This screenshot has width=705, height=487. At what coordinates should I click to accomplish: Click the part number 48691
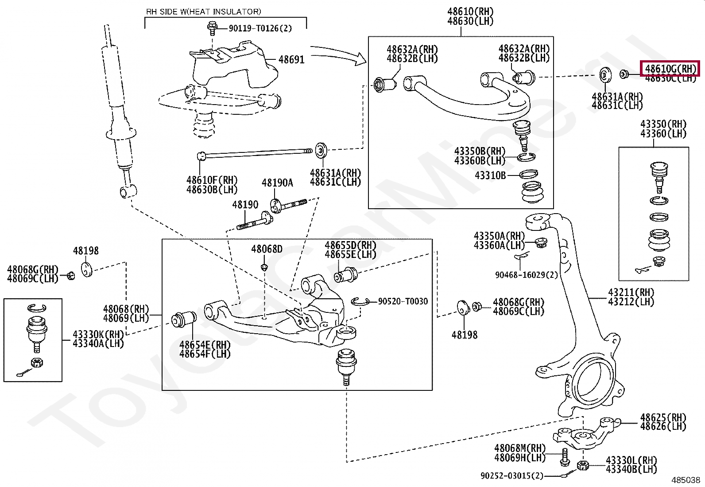coord(291,60)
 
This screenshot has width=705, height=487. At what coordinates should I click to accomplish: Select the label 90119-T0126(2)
coord(260,28)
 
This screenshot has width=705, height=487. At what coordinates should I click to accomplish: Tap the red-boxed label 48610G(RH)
coord(670,69)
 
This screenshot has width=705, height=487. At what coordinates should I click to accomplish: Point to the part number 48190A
coord(277,183)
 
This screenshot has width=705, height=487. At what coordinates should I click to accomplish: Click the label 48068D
coord(267,249)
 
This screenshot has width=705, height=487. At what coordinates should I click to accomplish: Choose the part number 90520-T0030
coord(403,301)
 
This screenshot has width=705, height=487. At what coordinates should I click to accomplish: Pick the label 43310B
coord(490,175)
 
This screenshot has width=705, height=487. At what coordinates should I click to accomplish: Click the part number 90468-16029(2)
coord(526,275)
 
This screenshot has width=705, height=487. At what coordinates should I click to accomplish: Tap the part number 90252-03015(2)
coord(511,476)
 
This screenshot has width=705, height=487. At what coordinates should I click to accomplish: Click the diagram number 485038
coord(686,480)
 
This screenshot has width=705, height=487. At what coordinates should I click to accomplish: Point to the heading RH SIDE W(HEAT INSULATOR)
coord(204,12)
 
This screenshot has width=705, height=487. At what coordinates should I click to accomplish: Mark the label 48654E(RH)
coord(205,345)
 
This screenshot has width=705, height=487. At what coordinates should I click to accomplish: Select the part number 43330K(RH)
coord(98,334)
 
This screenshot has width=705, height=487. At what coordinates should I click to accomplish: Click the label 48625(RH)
coord(663,417)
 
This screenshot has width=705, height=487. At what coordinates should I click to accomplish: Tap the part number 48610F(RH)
coord(212,180)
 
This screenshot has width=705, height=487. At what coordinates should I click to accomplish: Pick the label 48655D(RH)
coord(350,245)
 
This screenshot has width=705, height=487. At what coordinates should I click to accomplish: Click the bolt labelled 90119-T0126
coord(212,28)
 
